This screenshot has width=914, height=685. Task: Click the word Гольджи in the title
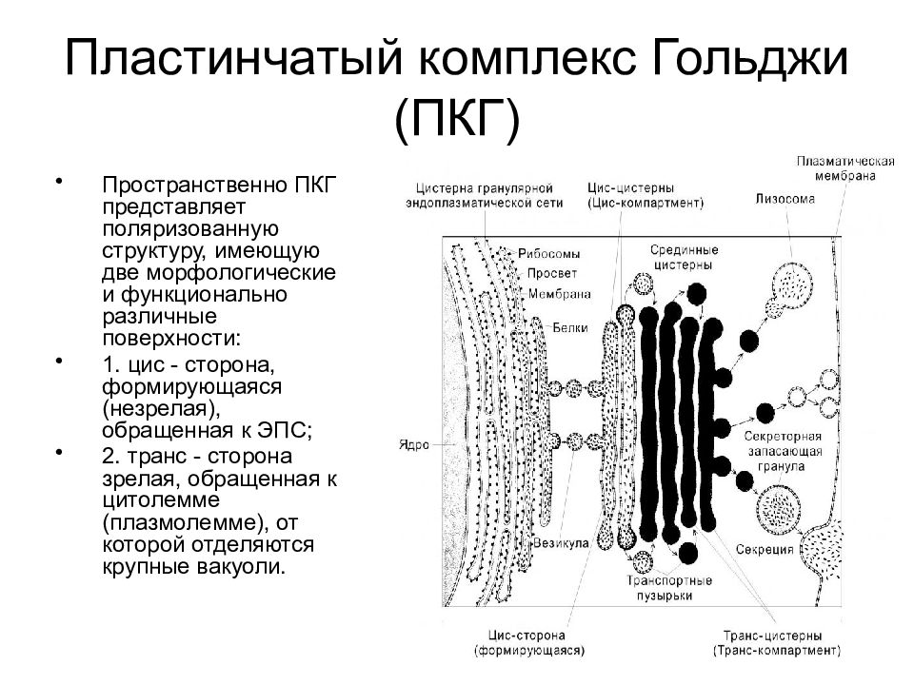click(749, 59)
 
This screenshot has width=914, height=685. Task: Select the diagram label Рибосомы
click(549, 254)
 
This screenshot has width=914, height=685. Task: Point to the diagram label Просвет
click(552, 273)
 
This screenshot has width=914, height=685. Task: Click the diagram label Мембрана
click(560, 294)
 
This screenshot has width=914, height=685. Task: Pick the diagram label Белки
click(570, 327)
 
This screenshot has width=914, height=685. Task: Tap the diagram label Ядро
click(414, 445)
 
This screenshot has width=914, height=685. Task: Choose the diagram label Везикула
click(561, 543)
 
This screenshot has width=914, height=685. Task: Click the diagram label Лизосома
click(785, 199)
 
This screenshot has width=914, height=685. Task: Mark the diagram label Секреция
click(765, 549)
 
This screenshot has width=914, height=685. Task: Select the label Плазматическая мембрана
click(845, 168)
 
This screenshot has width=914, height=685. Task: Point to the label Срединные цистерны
click(685, 258)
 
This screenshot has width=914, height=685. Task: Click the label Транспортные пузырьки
click(669, 588)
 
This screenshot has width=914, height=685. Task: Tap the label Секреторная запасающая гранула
click(783, 451)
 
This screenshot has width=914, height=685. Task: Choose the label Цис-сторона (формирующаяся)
click(529, 643)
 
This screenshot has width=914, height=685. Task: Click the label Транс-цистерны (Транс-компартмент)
click(777, 643)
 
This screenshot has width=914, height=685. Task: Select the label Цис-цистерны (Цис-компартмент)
click(646, 196)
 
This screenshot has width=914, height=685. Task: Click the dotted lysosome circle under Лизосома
click(791, 285)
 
